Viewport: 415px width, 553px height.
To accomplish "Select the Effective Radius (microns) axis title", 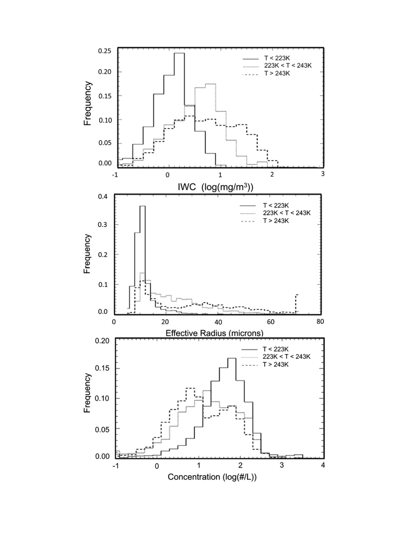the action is pyautogui.click(x=214, y=333).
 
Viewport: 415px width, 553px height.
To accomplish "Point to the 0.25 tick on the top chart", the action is pyautogui.click(x=105, y=51).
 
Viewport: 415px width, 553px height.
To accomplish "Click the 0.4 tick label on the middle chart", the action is pyautogui.click(x=103, y=197).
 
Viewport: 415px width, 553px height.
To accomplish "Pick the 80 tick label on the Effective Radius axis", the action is pyautogui.click(x=320, y=322).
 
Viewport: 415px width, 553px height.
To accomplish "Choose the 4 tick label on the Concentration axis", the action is pyautogui.click(x=323, y=465).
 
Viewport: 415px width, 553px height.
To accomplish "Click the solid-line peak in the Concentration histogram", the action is pyautogui.click(x=232, y=358).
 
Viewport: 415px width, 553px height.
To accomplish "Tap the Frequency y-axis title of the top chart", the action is pyautogui.click(x=87, y=103).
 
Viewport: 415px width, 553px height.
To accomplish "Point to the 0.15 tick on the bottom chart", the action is pyautogui.click(x=102, y=368).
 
